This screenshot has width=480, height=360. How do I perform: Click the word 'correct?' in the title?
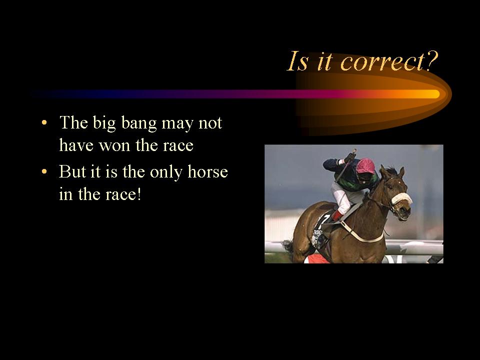(x=389, y=61)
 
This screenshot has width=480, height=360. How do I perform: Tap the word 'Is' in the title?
(x=297, y=61)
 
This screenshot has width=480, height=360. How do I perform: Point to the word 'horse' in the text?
(x=207, y=171)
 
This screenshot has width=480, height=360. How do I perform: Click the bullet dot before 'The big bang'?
(x=44, y=123)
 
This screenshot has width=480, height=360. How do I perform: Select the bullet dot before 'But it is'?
(x=44, y=171)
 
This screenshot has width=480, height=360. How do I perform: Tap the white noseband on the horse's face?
(x=401, y=198)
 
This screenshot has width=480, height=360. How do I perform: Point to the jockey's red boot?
(x=337, y=215)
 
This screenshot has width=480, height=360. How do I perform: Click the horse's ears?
(x=392, y=171)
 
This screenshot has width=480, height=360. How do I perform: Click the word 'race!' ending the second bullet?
(x=123, y=194)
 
